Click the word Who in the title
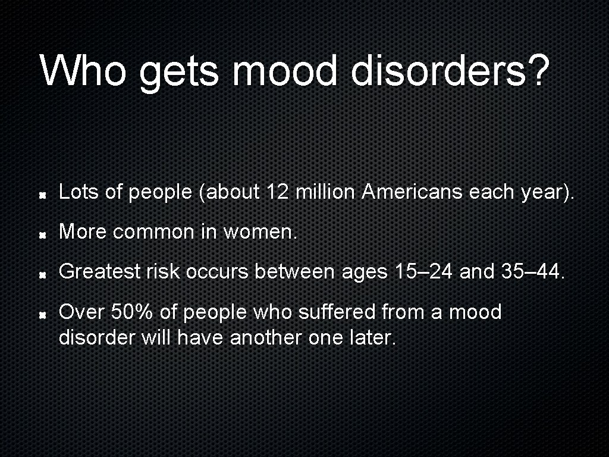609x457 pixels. click(83, 70)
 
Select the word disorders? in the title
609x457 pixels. click(450, 70)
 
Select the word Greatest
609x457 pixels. click(99, 272)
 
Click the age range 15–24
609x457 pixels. click(424, 272)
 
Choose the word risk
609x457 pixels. click(162, 272)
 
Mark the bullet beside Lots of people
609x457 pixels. click(43, 195)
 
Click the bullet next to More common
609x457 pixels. click(43, 234)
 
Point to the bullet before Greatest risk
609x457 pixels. click(43, 274)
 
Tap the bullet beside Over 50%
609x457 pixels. click(43, 314)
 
